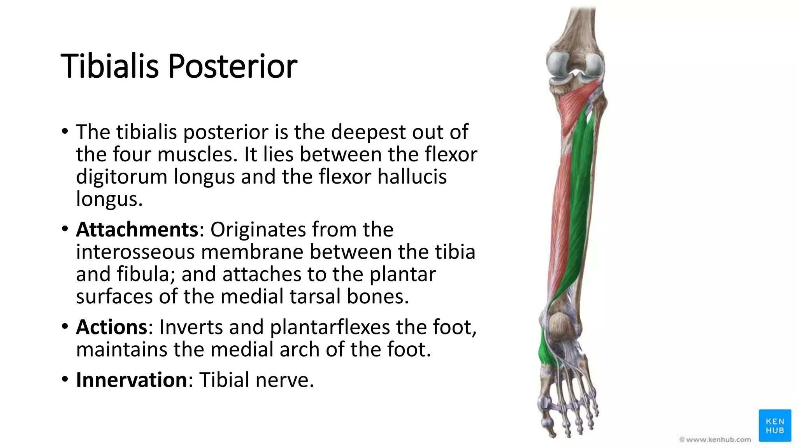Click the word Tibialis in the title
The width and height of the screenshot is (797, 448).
[x=109, y=66]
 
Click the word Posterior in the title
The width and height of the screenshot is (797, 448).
[x=232, y=66]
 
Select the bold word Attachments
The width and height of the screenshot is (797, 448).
[x=137, y=229]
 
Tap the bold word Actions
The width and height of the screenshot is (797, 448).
[x=111, y=327]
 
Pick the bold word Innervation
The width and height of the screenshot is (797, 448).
[x=132, y=380]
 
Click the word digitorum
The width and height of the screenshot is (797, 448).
[x=121, y=177]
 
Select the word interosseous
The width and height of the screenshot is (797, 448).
[x=135, y=252]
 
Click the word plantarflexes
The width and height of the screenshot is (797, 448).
[x=330, y=327]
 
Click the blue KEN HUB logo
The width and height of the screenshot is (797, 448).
[x=774, y=426]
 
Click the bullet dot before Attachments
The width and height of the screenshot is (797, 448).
[x=65, y=229]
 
